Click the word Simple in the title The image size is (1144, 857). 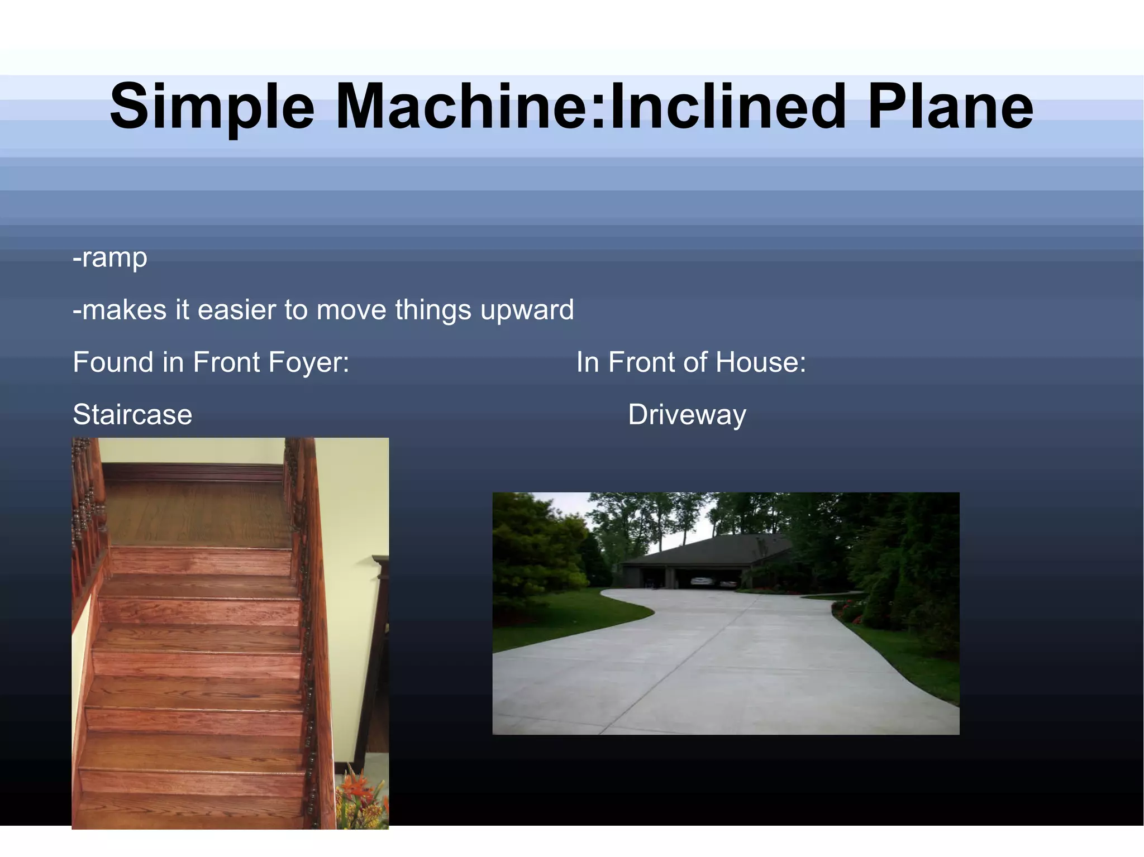(x=212, y=106)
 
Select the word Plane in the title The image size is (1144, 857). (x=950, y=106)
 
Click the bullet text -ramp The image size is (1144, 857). (x=110, y=258)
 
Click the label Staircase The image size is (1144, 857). (x=132, y=415)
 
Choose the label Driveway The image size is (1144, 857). (x=687, y=415)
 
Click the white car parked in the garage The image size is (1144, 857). (x=702, y=581)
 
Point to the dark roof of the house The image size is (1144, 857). (x=709, y=550)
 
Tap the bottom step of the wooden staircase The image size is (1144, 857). (x=190, y=810)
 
